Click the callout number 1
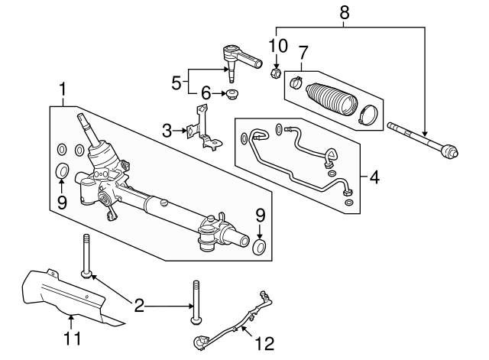[62, 90]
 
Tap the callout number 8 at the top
[344, 11]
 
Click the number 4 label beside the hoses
[374, 178]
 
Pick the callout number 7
[303, 54]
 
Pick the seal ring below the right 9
[260, 246]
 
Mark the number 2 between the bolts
[139, 306]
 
